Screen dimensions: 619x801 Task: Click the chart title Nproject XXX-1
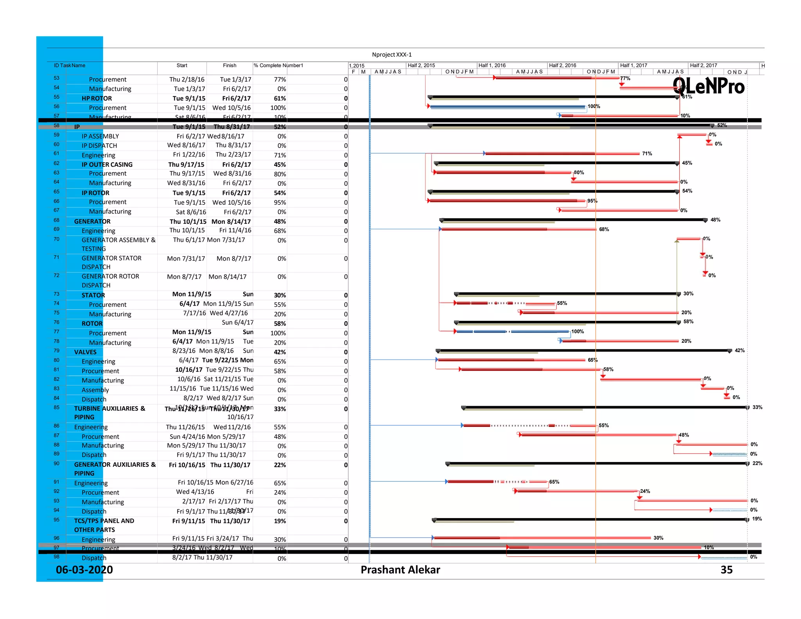392,55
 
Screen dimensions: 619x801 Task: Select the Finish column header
230,65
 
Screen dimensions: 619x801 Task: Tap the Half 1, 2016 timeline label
492,65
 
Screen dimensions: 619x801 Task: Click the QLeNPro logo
708,86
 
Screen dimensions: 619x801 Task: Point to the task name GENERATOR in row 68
92,221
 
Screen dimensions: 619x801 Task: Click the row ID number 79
57,351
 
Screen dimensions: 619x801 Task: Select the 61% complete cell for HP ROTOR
280,99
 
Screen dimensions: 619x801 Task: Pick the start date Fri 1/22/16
189,155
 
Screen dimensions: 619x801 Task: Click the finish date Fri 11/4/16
235,230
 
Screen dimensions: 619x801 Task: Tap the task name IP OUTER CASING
107,165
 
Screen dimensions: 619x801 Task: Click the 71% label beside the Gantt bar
647,154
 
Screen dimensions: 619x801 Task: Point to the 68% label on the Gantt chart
604,229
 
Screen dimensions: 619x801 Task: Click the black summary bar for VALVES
583,351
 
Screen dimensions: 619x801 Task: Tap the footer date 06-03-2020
84,570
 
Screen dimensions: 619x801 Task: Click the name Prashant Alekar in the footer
400,570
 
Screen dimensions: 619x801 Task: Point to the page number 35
726,570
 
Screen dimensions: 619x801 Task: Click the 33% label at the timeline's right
757,407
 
